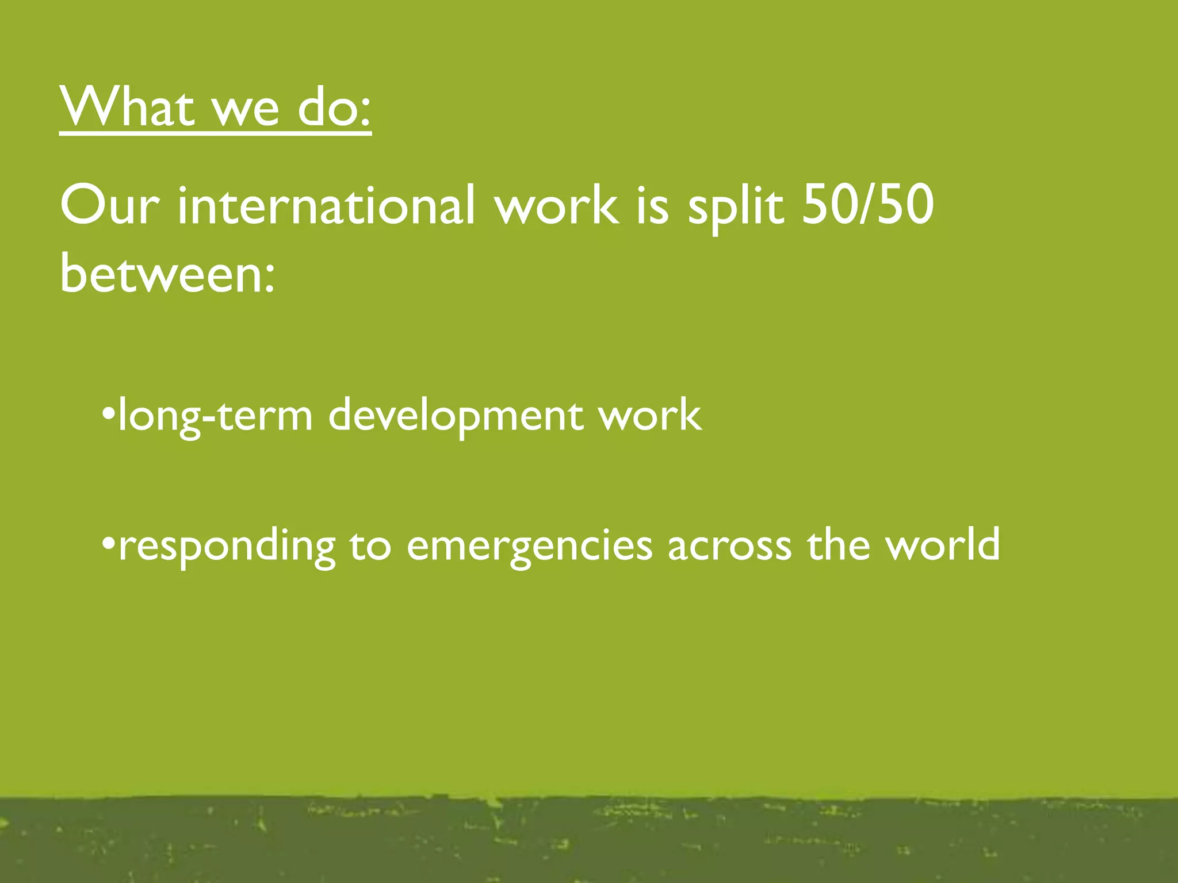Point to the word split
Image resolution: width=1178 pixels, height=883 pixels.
pos(736,208)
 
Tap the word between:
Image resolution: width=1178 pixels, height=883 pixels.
pos(167,272)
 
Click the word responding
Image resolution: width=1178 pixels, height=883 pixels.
pos(227,546)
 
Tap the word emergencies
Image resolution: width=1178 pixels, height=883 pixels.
pos(529,546)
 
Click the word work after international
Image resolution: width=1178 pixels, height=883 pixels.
pos(558,206)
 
